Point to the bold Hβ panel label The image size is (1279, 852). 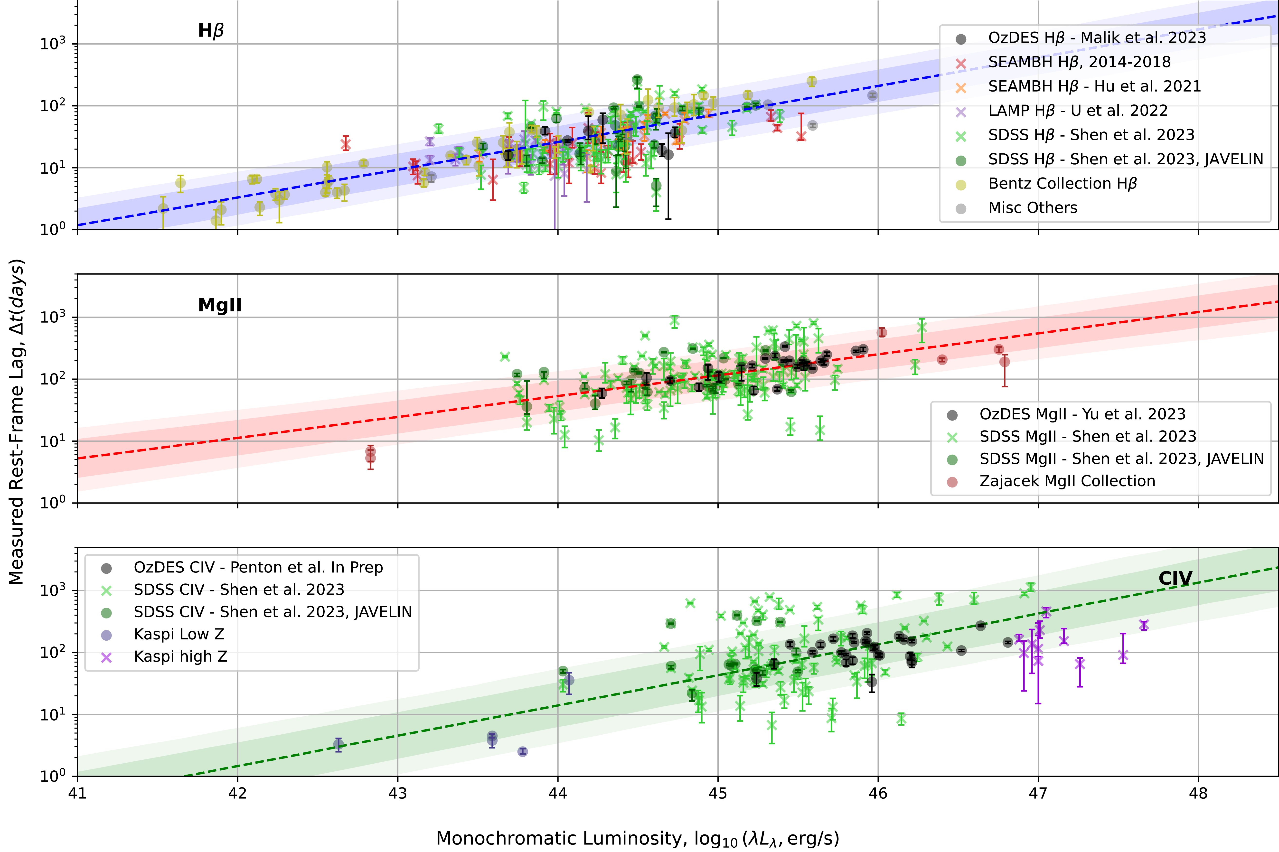click(211, 31)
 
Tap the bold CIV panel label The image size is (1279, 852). click(1175, 578)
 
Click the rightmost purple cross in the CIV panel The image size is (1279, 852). click(1144, 625)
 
